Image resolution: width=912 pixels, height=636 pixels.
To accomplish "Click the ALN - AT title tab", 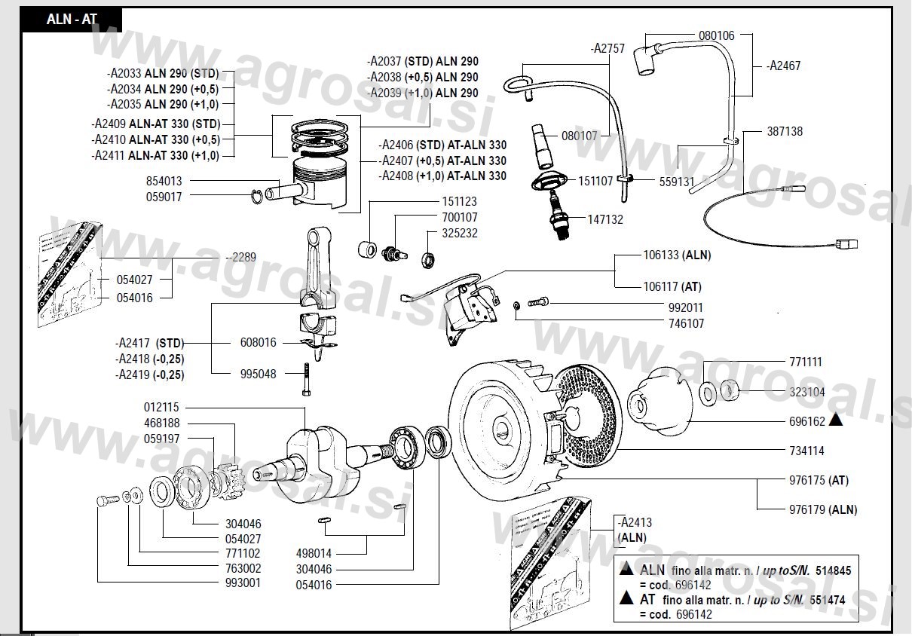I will point(72,20).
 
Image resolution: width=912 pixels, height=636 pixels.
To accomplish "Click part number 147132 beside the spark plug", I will point(605,220).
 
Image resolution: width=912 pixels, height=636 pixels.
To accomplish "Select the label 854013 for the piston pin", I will point(164,182).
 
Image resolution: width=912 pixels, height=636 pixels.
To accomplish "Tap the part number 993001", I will point(243,583).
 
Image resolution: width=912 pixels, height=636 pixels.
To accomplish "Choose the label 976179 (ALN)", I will point(823,509).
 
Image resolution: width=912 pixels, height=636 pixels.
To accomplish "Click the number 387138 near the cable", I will point(785,131).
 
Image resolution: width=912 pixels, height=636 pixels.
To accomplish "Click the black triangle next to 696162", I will point(835,421).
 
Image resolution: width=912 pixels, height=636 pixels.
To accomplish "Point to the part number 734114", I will point(806,451).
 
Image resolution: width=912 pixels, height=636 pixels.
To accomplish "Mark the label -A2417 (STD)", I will point(149,343).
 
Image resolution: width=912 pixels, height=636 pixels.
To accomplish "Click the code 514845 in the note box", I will point(833,571).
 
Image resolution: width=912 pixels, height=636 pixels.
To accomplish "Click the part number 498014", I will point(314,553).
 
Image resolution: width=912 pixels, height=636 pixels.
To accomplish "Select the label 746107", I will point(686,323).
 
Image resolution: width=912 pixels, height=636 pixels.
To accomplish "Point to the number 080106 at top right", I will point(717,35).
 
